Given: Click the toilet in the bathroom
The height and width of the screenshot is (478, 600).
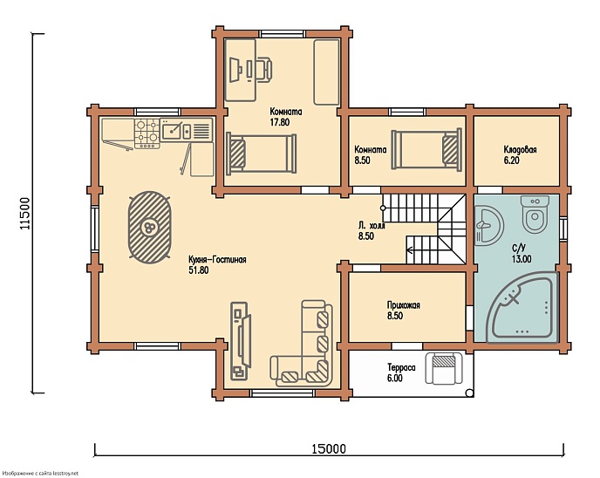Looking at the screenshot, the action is pos(535,215).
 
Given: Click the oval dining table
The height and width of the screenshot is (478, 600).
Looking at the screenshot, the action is pos(149,228).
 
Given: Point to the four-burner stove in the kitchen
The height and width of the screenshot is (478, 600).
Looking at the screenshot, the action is pos(147,133).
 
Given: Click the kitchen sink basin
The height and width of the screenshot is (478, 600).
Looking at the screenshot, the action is pos(171,131).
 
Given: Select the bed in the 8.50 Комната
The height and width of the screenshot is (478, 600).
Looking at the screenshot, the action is pos(426,149).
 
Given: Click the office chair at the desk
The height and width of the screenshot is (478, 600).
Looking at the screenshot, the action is pos(264,70).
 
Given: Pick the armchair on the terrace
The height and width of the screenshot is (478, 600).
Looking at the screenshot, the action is pos(445,368).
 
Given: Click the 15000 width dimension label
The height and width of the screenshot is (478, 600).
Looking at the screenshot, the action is pos(328,448).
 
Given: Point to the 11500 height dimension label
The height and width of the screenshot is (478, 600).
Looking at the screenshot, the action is pos(24,214).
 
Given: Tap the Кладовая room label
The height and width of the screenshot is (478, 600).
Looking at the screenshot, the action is pos(520,149).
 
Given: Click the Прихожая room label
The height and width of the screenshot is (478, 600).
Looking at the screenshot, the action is pos(404,305).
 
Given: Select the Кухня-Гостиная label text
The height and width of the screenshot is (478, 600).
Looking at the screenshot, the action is pos(217,259).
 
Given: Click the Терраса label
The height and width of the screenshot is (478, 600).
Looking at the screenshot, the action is pos(401,368).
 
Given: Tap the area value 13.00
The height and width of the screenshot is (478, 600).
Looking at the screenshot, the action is pos(522,259).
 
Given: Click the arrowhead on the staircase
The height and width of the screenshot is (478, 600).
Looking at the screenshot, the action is pos(409,250).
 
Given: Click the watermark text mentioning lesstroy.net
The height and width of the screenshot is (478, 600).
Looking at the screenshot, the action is pos(39,474).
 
